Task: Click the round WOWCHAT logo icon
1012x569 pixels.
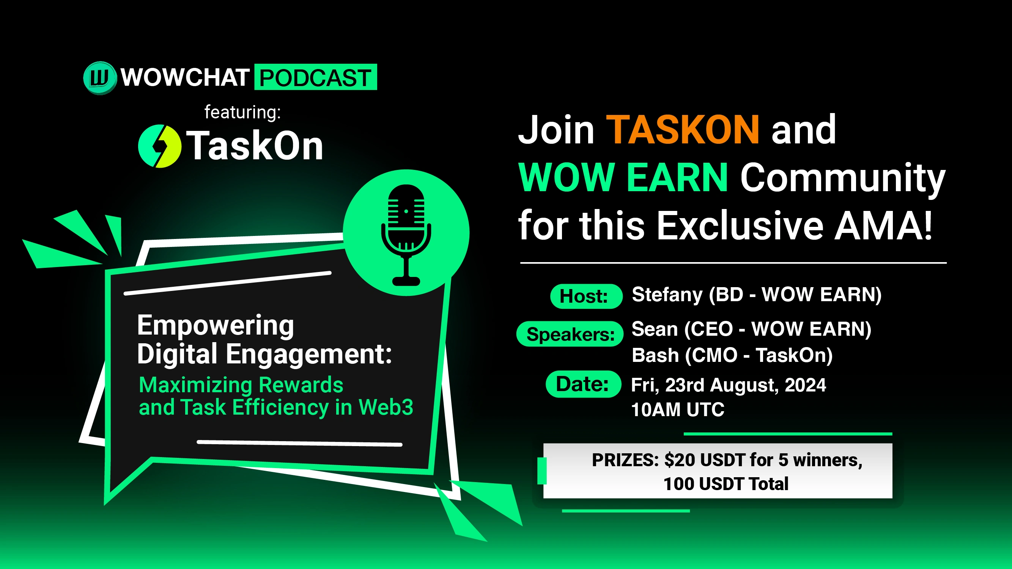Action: point(100,78)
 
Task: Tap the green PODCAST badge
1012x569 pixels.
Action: point(315,77)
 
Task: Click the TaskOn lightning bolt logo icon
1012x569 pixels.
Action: point(159,146)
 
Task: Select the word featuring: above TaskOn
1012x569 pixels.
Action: point(242,112)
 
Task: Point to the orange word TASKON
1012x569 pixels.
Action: point(683,130)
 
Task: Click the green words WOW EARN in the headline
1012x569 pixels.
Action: point(623,178)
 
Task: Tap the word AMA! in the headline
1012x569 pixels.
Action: point(883,225)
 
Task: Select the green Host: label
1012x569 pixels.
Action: point(586,296)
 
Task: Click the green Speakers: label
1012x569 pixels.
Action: point(570,334)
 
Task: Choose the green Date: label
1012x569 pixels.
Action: point(583,384)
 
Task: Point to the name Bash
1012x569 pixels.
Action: point(655,355)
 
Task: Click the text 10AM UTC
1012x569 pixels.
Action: point(678,410)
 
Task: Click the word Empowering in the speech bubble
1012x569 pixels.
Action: point(215,326)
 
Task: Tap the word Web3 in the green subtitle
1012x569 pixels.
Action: point(386,407)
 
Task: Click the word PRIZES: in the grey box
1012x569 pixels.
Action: point(625,460)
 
